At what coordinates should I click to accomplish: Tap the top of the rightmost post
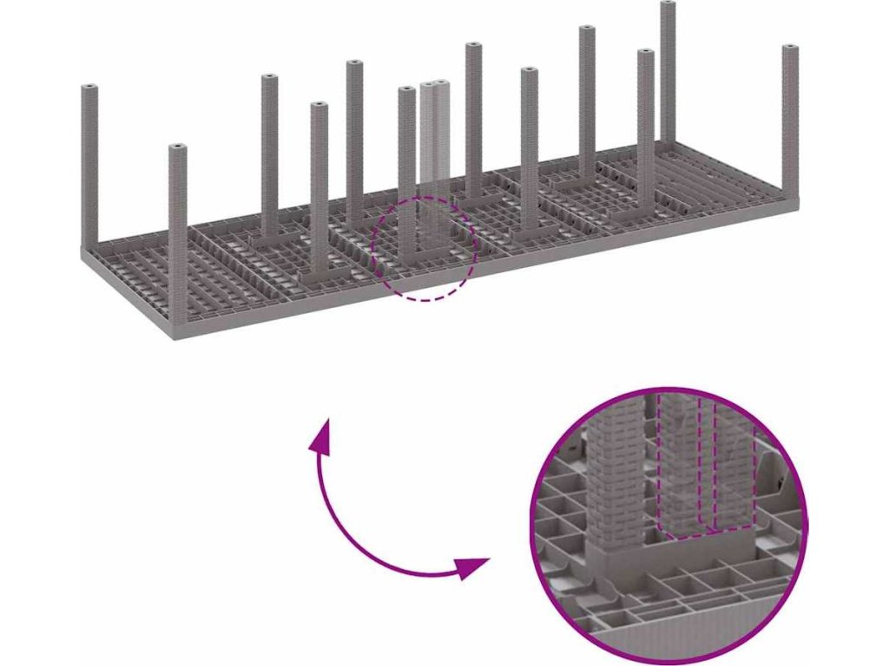tap(789, 49)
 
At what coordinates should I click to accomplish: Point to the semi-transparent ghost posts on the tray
tap(434, 139)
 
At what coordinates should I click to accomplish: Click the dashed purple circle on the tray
tap(424, 248)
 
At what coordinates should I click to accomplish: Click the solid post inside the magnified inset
tap(617, 477)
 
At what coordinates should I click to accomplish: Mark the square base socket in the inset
tap(619, 564)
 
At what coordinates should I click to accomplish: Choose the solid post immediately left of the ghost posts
tap(406, 173)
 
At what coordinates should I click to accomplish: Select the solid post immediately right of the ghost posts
tap(473, 121)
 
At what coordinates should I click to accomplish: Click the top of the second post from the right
tap(668, 7)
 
